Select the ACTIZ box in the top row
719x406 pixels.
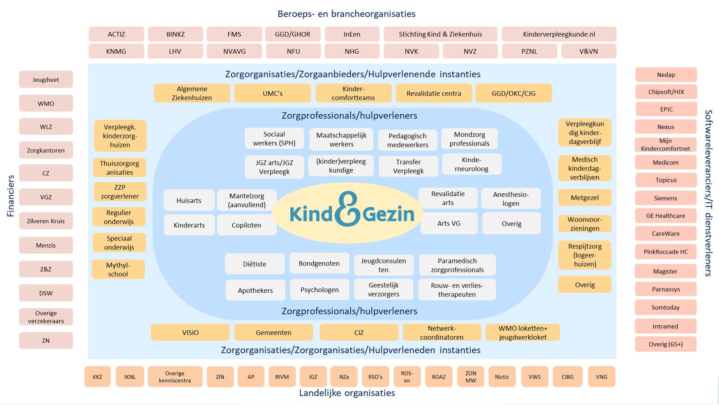116,34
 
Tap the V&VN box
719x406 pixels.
588,51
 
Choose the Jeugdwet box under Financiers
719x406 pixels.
46,80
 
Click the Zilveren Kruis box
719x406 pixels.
46,221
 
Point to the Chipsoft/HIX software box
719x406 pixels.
666,92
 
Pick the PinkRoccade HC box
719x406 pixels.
666,252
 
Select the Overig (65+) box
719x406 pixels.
666,344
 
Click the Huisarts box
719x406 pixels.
189,200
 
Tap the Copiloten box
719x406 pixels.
246,225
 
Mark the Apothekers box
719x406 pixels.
255,290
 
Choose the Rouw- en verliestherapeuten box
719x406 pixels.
457,290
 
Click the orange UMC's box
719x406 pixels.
272,93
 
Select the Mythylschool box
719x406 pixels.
118,269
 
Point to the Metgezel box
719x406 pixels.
585,198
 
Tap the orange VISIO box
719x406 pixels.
190,332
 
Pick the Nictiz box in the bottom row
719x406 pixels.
502,377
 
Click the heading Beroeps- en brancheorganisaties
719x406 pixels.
346,14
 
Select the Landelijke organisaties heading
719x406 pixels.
347,393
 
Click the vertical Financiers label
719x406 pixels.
10,196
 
